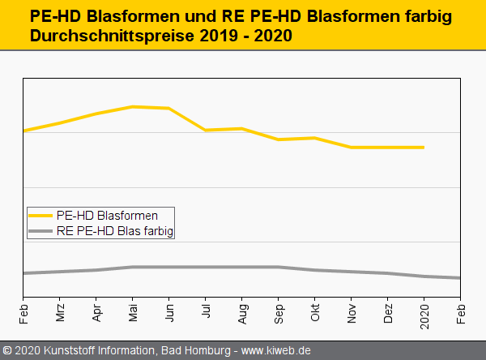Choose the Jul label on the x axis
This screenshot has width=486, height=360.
pos(206,313)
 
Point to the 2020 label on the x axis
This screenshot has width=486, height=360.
pos(424,315)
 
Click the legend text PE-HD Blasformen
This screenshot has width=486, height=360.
pos(107,216)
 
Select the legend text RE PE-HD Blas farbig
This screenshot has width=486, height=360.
pos(115,231)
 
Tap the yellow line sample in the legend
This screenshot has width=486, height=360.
pos(41,216)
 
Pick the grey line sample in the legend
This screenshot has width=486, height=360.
pos(41,231)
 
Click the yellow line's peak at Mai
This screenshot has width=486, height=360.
pos(133,107)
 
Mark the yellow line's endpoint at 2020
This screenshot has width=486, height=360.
pos(424,148)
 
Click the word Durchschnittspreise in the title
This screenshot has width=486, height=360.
pos(114,36)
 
